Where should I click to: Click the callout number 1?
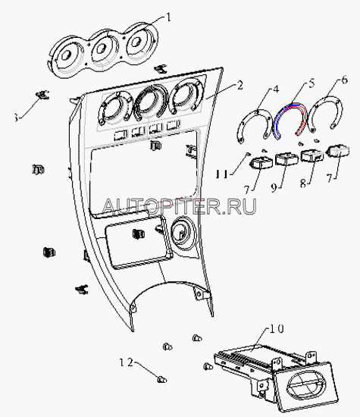[x=167, y=18]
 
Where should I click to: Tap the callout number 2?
[x=239, y=86]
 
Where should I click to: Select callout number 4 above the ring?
[x=276, y=89]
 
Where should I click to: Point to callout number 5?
[x=311, y=83]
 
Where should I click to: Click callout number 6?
[x=345, y=80]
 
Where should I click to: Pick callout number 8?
[x=303, y=183]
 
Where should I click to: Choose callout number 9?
[x=274, y=187]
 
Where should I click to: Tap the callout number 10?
[x=277, y=329]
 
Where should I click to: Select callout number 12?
[x=126, y=362]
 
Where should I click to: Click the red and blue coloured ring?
[x=290, y=121]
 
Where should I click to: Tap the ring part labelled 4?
[x=255, y=125]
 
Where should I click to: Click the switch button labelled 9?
[x=286, y=158]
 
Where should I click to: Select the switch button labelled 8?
[x=312, y=155]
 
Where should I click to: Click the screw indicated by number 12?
[x=161, y=379]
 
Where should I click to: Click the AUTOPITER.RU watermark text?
[x=179, y=206]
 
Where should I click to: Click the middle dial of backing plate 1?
[x=102, y=49]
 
